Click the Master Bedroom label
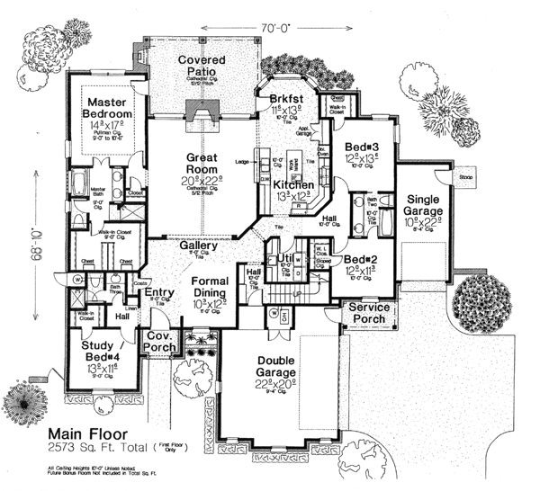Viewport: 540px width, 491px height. pos(107,108)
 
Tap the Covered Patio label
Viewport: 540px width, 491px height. pos(201,67)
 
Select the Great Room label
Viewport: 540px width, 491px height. pos(203,164)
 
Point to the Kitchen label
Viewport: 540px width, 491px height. pos(292,184)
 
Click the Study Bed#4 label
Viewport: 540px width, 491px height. pos(96,347)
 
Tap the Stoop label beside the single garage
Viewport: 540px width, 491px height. pos(469,178)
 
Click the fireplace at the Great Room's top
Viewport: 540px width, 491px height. pos(202,112)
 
